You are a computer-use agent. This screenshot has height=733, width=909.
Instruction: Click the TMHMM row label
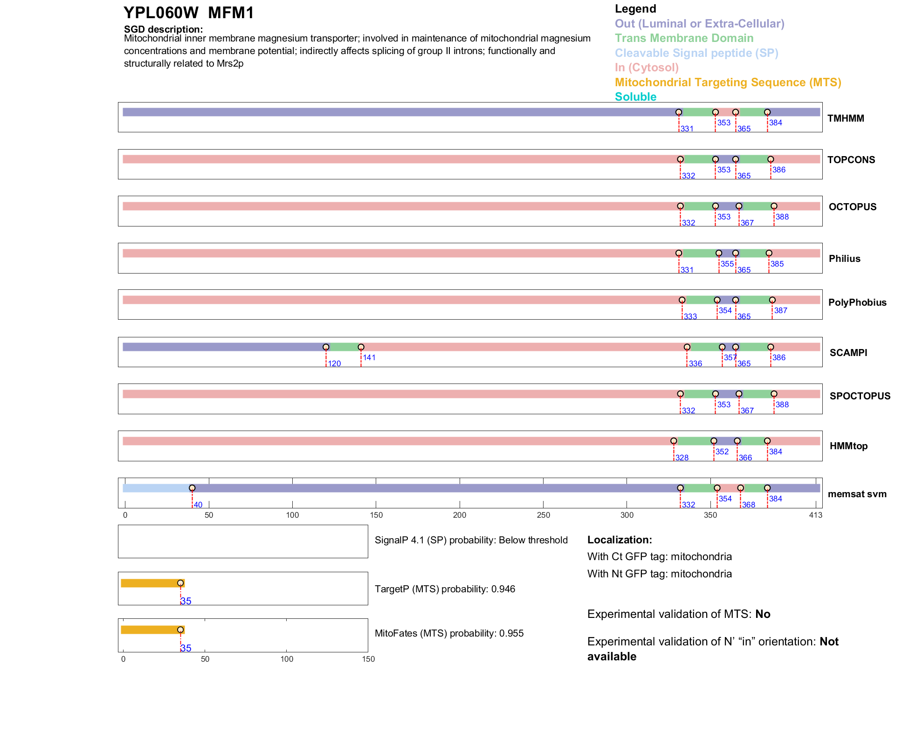[x=845, y=118]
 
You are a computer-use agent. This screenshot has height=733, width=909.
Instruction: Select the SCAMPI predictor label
[x=848, y=353]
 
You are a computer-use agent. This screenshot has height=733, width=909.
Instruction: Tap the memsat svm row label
[x=857, y=494]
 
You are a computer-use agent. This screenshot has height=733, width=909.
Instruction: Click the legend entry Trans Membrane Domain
[x=684, y=38]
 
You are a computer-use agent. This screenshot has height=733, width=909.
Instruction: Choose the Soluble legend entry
[x=635, y=97]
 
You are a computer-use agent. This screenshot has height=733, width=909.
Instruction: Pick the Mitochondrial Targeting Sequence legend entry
[x=728, y=82]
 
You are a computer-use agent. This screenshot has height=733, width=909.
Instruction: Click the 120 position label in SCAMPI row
[x=334, y=363]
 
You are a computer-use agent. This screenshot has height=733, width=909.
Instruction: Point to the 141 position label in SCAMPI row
[x=369, y=357]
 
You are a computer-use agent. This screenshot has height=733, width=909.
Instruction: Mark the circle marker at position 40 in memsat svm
[x=192, y=488]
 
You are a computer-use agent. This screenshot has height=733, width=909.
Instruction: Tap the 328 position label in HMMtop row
[x=682, y=458]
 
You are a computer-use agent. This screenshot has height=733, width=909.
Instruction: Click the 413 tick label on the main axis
[x=815, y=515]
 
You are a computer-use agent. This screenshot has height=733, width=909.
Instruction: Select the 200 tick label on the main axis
[x=460, y=515]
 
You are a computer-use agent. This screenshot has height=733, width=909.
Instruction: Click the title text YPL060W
[x=161, y=13]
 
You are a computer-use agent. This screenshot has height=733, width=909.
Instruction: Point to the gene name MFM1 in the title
[x=231, y=13]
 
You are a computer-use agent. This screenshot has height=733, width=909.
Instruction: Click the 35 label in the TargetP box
[x=186, y=601]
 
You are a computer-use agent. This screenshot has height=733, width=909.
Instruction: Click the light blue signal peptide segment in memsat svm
[x=156, y=488]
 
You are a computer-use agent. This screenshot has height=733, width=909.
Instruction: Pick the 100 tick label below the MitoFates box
[x=287, y=659]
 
